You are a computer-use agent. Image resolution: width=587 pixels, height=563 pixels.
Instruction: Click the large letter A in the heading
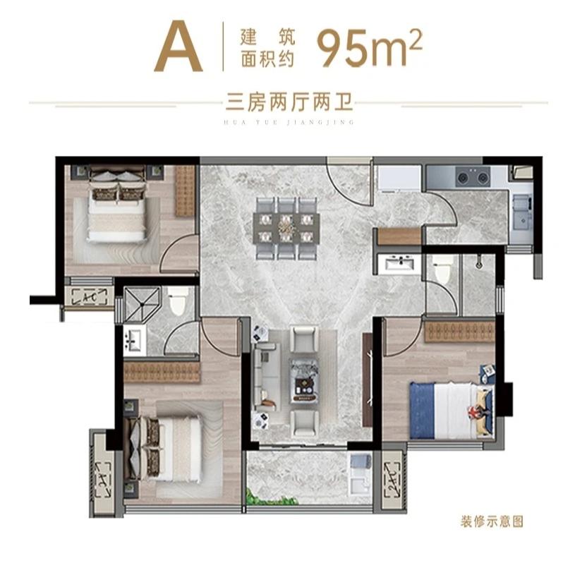(178, 48)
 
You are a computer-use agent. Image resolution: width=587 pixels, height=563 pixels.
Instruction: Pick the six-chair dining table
(286, 228)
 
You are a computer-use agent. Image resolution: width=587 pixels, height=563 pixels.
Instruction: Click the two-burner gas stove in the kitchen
(472, 178)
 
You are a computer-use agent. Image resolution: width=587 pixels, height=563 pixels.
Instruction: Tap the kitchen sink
(523, 210)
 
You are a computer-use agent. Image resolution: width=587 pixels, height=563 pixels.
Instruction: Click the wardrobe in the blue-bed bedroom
(459, 331)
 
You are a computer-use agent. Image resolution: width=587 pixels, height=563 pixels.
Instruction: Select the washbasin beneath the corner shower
(134, 342)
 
